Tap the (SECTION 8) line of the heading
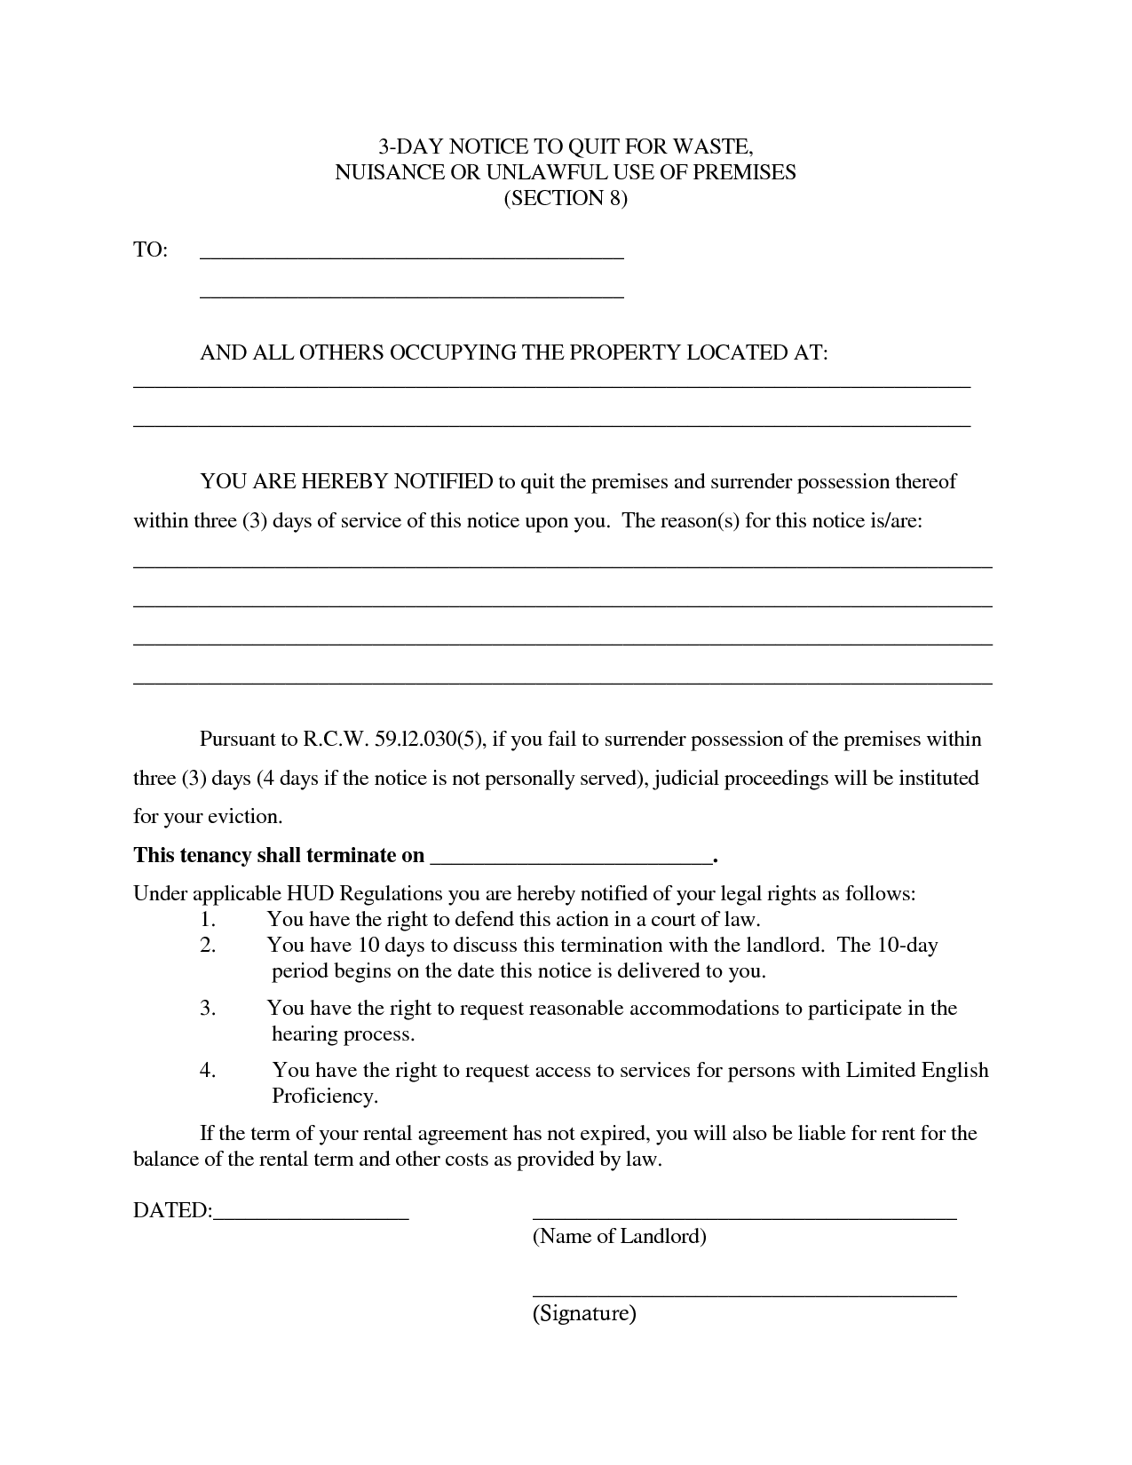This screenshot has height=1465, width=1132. [x=566, y=198]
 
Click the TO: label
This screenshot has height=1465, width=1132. [x=150, y=250]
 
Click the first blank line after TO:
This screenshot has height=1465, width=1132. [x=412, y=256]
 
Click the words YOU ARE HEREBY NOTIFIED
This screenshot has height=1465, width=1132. [x=346, y=482]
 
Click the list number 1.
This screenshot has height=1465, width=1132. [x=208, y=920]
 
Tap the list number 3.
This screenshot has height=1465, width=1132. [x=208, y=1009]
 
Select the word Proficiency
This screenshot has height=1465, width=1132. [x=325, y=1097]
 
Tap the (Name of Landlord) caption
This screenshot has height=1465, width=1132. [x=619, y=1236]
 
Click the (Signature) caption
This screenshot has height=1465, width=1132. [x=584, y=1313]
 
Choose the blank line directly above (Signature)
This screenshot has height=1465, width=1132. [x=744, y=1295]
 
